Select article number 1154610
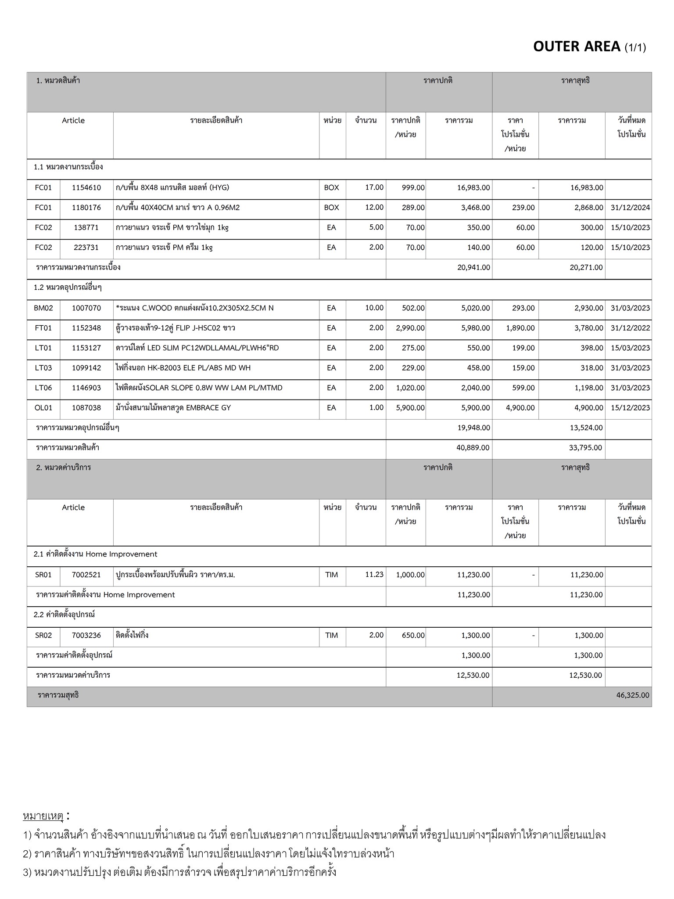click(x=86, y=188)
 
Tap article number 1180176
click(x=86, y=208)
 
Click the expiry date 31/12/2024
click(x=630, y=208)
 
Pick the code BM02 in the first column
click(x=43, y=308)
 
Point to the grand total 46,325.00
click(x=632, y=695)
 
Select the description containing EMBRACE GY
click(x=173, y=408)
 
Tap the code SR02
click(x=43, y=636)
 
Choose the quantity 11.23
click(x=374, y=575)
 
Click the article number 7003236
click(x=86, y=636)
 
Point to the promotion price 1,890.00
click(x=520, y=328)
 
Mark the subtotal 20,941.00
click(x=473, y=268)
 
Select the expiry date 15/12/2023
click(x=630, y=408)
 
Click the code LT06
click(x=43, y=388)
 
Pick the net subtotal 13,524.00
click(x=586, y=428)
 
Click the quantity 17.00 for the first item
click(x=374, y=187)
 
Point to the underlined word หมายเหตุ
click(x=43, y=816)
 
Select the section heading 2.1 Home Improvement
click(x=95, y=554)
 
